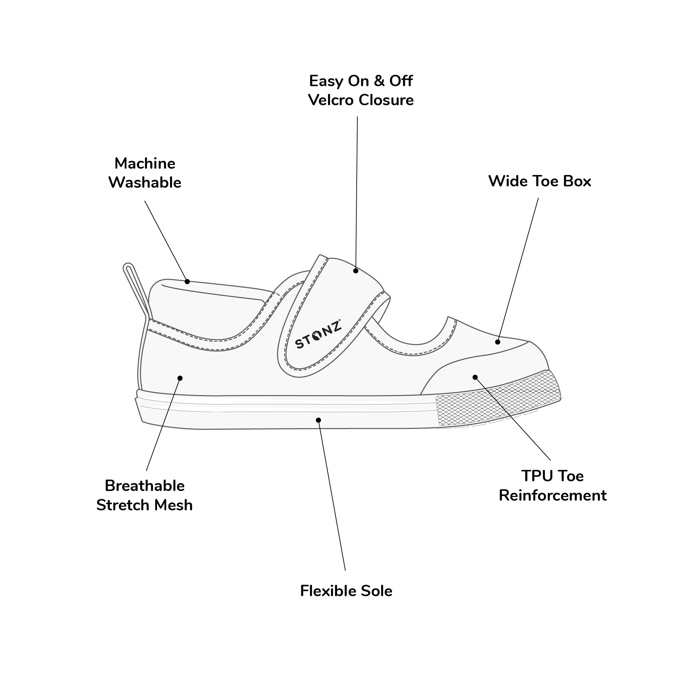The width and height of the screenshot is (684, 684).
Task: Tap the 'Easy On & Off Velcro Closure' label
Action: click(361, 91)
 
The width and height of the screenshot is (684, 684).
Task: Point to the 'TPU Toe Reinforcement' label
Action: click(552, 485)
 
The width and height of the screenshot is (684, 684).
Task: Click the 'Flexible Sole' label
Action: click(346, 591)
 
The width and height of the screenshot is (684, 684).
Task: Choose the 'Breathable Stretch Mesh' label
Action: click(144, 495)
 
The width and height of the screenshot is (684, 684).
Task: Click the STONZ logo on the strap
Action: click(318, 334)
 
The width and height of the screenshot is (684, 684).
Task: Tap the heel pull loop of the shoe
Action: click(136, 289)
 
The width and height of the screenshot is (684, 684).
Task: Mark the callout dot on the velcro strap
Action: click(355, 271)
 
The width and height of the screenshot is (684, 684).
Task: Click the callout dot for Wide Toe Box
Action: click(497, 342)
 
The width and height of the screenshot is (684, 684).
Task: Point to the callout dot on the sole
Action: click(318, 420)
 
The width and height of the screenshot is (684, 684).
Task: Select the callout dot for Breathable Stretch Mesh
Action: click(180, 378)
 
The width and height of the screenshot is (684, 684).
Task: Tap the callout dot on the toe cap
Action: click(475, 377)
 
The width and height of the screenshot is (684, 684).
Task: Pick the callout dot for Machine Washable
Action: click(187, 282)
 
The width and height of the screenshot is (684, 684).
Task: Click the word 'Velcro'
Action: click(331, 100)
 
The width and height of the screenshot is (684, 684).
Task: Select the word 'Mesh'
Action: click(175, 505)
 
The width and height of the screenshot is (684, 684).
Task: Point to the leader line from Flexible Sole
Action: click(332, 496)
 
